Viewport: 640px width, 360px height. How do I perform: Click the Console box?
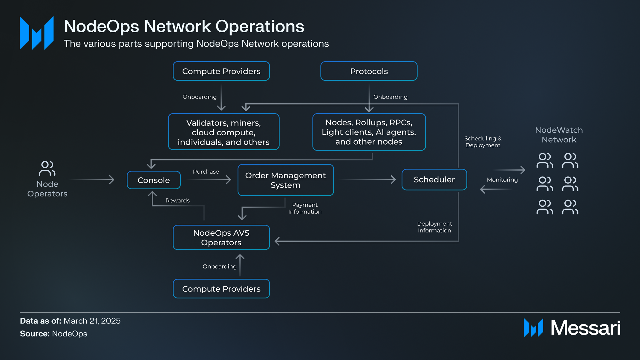pyautogui.click(x=154, y=180)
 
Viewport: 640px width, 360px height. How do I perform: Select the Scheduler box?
pyautogui.click(x=434, y=180)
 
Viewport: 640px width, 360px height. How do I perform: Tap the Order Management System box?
pyautogui.click(x=285, y=180)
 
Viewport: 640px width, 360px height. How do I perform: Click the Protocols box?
pyautogui.click(x=369, y=71)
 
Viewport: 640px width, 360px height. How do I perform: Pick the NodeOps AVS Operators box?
pyautogui.click(x=221, y=238)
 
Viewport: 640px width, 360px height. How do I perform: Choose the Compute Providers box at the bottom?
pyautogui.click(x=221, y=289)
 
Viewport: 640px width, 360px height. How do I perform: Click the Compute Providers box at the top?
pyautogui.click(x=221, y=71)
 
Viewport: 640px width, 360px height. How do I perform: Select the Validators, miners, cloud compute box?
pyautogui.click(x=223, y=132)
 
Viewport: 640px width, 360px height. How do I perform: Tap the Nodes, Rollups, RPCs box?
pyautogui.click(x=369, y=132)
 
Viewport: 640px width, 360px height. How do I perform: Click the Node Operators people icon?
pyautogui.click(x=47, y=168)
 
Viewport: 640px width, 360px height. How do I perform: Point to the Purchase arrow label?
pyautogui.click(x=206, y=172)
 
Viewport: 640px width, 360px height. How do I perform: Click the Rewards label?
pyautogui.click(x=177, y=200)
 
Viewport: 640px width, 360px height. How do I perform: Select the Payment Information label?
pyautogui.click(x=305, y=208)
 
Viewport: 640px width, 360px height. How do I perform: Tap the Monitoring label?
pyautogui.click(x=502, y=180)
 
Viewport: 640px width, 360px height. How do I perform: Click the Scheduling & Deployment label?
pyautogui.click(x=483, y=142)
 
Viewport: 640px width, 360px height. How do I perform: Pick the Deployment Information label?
pyautogui.click(x=434, y=227)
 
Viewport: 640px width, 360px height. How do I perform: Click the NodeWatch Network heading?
pyautogui.click(x=559, y=135)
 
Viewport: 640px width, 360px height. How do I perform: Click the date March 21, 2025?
pyautogui.click(x=92, y=321)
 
